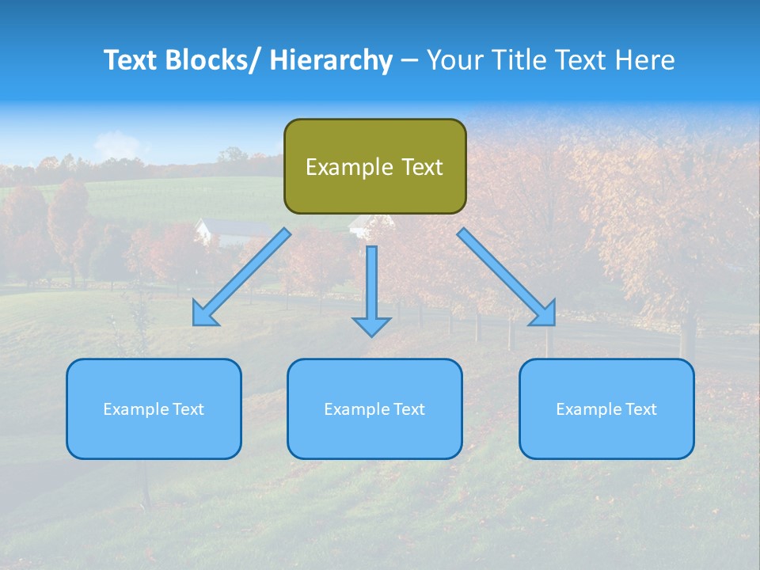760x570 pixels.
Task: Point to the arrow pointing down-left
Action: click(x=241, y=277)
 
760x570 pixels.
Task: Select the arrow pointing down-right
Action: click(x=507, y=277)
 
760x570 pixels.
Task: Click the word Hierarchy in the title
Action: click(x=331, y=60)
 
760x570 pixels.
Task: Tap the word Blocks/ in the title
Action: click(x=217, y=60)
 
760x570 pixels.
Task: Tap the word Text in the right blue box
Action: click(x=640, y=409)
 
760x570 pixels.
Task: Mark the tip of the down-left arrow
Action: click(x=195, y=324)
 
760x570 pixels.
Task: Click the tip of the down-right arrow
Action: click(x=553, y=324)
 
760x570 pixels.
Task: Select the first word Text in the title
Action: click(x=131, y=60)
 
